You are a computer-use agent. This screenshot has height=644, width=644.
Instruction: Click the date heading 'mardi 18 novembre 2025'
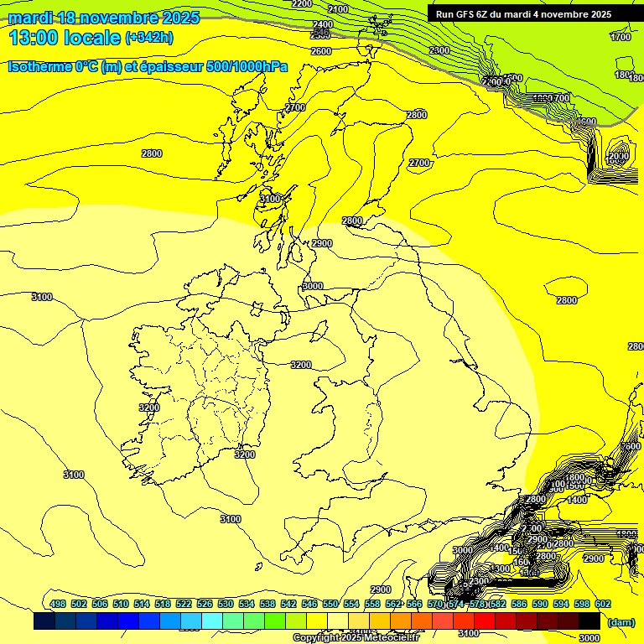104,18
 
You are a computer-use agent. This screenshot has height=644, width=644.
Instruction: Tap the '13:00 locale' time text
65,38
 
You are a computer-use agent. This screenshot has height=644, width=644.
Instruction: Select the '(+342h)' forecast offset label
149,38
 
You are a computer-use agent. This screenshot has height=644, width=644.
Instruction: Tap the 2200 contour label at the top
302,4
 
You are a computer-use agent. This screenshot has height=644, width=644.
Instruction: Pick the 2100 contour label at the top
338,9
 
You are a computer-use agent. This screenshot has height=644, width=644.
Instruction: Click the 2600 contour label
320,51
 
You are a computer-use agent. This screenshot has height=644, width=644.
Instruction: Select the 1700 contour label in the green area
621,38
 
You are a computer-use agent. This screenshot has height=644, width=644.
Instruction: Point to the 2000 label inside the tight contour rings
618,157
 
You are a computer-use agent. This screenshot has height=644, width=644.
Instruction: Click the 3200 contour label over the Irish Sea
301,365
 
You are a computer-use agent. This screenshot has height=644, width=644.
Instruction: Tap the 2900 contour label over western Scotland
322,243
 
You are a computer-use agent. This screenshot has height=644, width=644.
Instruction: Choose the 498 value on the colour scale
58,604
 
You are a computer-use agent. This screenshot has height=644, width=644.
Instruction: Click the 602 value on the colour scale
602,604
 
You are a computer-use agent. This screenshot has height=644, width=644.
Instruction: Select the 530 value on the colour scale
226,604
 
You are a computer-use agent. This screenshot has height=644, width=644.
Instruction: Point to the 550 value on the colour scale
330,604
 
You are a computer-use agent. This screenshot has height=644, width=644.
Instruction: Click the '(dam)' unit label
620,622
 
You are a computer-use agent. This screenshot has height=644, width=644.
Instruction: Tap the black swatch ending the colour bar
589,621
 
